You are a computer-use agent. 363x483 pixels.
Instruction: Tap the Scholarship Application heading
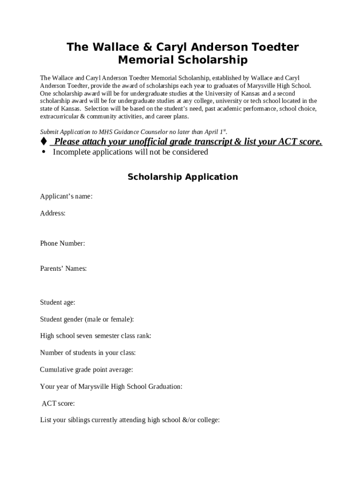click(182, 177)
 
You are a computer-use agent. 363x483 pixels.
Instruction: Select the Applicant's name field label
click(66, 196)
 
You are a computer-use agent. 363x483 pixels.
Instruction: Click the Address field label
click(53, 213)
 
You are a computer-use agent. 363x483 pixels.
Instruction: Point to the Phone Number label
click(63, 243)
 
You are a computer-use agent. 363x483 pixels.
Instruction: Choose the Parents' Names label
click(63, 268)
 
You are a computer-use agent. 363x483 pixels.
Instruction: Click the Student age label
click(58, 302)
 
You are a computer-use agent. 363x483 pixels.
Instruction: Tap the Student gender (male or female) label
click(87, 319)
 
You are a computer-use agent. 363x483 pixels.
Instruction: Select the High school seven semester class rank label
click(96, 336)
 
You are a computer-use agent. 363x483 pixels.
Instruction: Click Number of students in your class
click(88, 353)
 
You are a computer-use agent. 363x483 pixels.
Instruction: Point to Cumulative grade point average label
click(86, 370)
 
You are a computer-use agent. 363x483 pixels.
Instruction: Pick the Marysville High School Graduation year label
click(111, 387)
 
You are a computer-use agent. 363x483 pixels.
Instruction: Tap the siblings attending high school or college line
click(130, 420)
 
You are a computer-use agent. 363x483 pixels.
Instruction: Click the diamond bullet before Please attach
click(44, 142)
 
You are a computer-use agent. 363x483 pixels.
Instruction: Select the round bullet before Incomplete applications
click(44, 152)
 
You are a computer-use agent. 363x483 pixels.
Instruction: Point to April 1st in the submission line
click(216, 132)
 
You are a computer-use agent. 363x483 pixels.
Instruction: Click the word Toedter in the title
click(273, 47)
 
